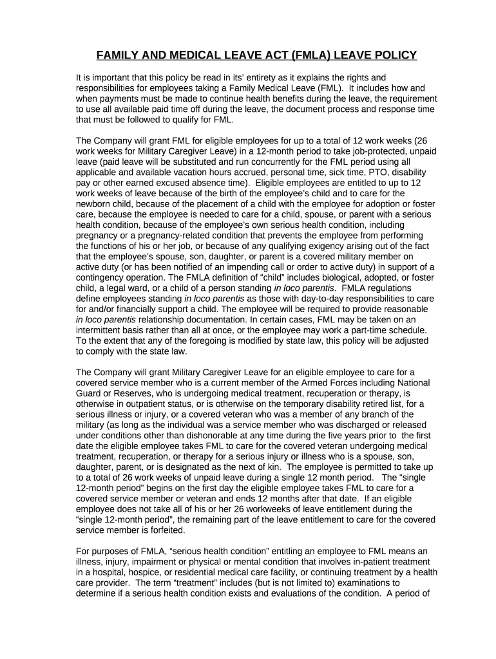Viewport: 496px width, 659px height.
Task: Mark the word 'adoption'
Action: tap(354, 204)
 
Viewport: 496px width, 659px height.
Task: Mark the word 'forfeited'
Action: tap(164, 530)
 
